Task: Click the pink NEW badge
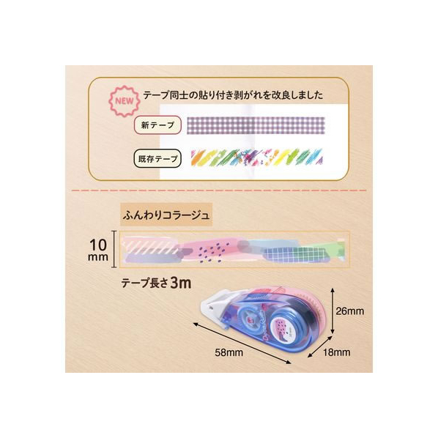coord(125,101)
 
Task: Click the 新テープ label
coord(157,125)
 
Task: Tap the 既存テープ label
coord(157,159)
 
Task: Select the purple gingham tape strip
coord(256,125)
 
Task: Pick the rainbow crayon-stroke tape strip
coord(256,158)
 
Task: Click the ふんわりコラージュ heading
coord(166,215)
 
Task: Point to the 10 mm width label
coord(98,250)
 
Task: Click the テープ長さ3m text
coord(156,283)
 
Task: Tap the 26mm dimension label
coord(349,311)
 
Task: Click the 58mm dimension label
coord(229,352)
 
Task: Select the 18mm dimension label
coord(337,352)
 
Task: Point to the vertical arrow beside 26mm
coord(333,311)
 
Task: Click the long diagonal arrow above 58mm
coord(242,343)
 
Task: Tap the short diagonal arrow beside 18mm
coord(319,347)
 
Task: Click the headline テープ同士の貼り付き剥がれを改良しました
coord(233,95)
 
